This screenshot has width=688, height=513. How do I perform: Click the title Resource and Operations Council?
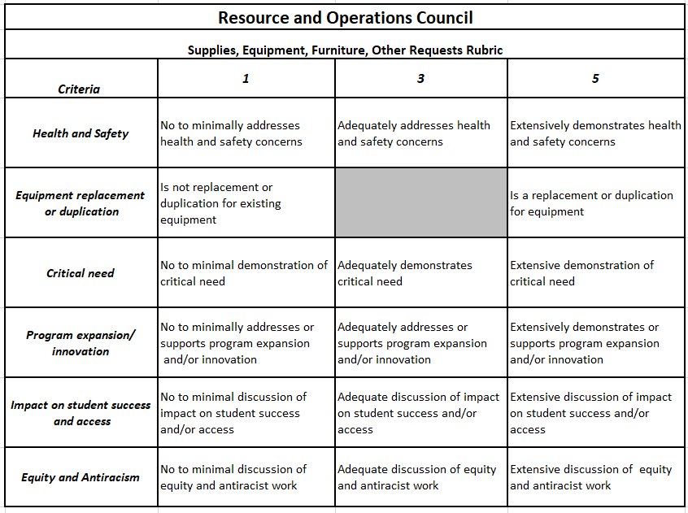click(345, 17)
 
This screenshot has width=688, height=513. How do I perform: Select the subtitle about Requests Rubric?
click(345, 50)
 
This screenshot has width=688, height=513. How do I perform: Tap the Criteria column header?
click(79, 89)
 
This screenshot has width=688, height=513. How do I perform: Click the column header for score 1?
click(246, 79)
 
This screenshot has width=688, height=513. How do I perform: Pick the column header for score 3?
click(420, 79)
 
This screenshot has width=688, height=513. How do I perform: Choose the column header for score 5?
click(595, 79)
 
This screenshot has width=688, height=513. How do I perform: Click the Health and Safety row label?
click(81, 133)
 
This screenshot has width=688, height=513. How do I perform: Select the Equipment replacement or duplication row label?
click(81, 203)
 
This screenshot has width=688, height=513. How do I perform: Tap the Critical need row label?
click(81, 273)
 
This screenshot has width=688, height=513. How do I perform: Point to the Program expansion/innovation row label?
click(81, 343)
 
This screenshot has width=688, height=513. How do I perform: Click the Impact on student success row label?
click(81, 413)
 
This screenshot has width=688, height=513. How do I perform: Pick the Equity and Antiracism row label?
click(81, 477)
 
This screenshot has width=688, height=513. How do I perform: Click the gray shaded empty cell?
click(420, 202)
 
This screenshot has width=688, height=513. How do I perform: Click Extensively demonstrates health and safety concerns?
click(595, 133)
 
